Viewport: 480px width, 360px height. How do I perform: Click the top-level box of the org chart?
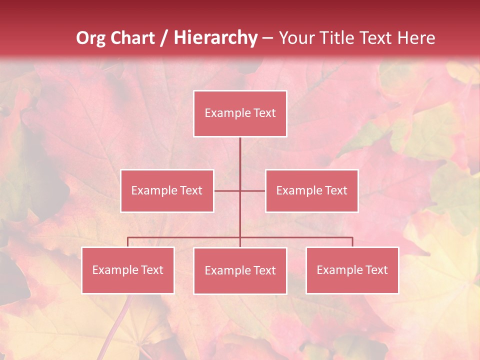point(240,113)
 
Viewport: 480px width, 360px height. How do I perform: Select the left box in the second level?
point(167,190)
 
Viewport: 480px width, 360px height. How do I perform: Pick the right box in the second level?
point(311,190)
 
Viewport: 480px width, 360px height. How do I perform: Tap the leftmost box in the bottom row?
point(128,270)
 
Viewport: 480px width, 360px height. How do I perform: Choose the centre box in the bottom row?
point(240,270)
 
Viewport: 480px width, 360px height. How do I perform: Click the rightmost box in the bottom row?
point(352,270)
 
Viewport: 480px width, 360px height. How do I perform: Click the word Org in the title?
point(90,38)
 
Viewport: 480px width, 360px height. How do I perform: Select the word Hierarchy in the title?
point(215,38)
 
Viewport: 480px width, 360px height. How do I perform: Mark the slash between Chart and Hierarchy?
point(165,38)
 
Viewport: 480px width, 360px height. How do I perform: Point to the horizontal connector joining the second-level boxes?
point(227,190)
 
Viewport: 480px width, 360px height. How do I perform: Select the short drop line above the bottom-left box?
point(128,242)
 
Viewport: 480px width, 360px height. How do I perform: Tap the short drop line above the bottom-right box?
point(352,242)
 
